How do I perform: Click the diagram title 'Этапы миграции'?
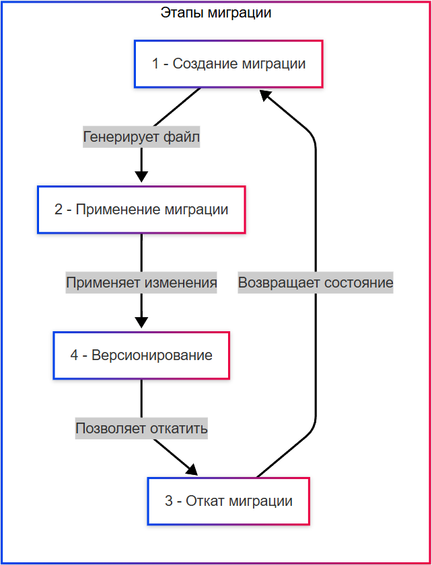(216, 13)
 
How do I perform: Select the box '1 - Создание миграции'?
(228, 64)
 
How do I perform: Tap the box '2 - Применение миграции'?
(141, 210)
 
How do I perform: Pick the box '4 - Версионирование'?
(141, 355)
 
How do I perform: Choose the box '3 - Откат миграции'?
(228, 501)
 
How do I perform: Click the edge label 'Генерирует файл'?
(141, 137)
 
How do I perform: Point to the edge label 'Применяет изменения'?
(141, 283)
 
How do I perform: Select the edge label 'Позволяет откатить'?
(141, 428)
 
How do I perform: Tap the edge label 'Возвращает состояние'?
(316, 283)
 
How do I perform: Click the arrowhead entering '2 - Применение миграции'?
(141, 177)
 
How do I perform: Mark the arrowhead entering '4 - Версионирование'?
(141, 322)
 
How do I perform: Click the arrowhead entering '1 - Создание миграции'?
(266, 95)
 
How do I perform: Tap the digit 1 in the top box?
(155, 64)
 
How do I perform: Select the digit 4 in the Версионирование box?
(74, 355)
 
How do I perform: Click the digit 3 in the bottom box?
(168, 501)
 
